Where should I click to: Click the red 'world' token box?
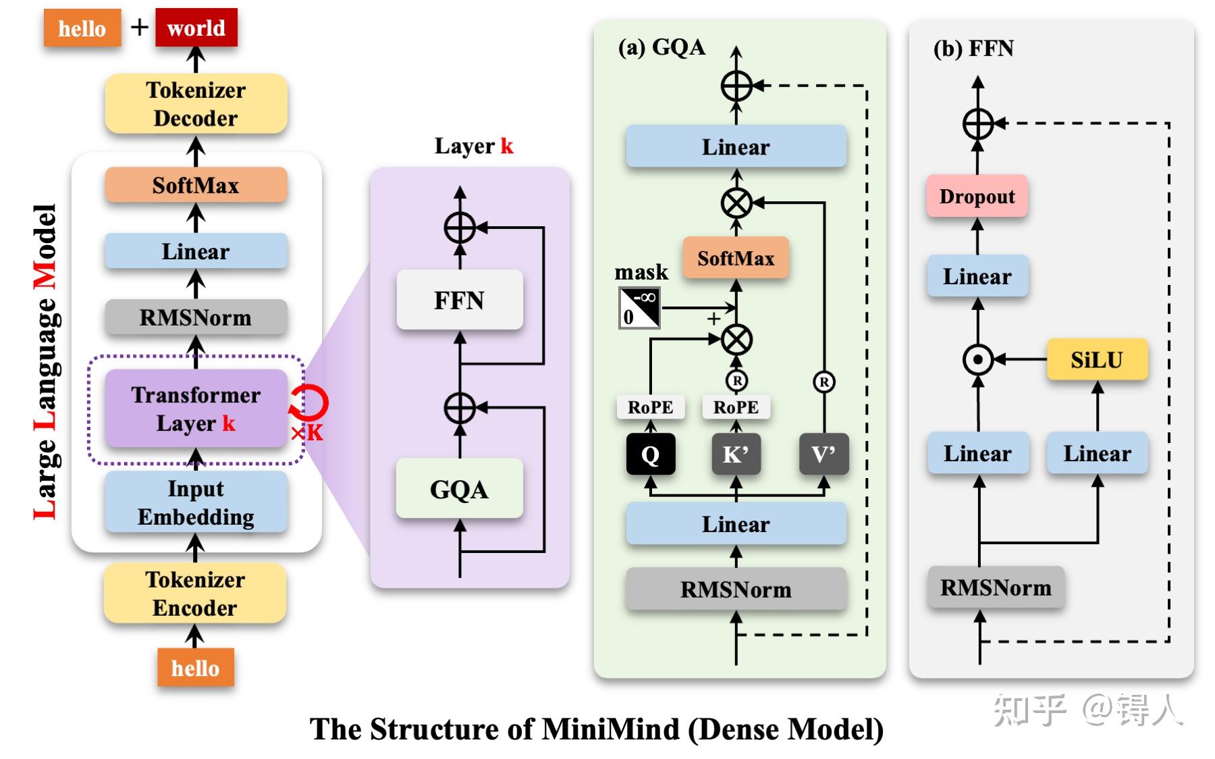[196, 28]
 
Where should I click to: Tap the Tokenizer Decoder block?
[196, 103]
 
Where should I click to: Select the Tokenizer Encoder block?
[195, 593]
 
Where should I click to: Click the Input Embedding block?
[196, 502]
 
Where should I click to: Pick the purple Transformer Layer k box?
[196, 409]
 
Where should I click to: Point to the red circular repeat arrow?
[310, 403]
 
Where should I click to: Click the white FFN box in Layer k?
[460, 300]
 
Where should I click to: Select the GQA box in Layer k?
[460, 489]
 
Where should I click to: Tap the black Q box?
[650, 454]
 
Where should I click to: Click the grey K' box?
[736, 454]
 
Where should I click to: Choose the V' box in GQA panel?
[823, 454]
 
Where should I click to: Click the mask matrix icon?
[639, 308]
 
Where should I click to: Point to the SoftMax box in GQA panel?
[736, 258]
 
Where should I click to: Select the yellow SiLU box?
[1097, 359]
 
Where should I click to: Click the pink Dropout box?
[977, 197]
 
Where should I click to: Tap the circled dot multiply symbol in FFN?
[978, 359]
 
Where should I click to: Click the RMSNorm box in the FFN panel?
[996, 587]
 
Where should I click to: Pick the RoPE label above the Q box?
[650, 407]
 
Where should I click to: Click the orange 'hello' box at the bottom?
[196, 667]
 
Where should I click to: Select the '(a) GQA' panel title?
[661, 47]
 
